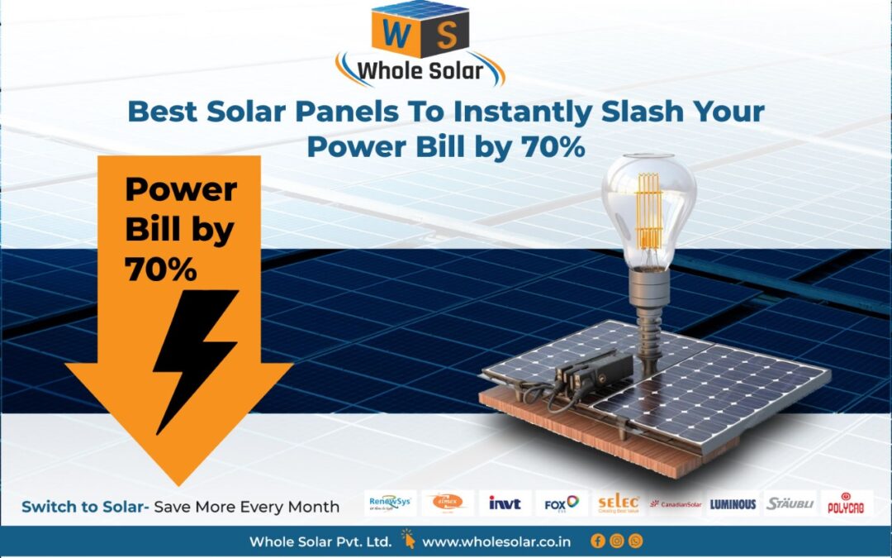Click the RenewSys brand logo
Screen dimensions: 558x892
click(x=390, y=503)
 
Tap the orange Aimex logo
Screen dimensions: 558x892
click(x=448, y=503)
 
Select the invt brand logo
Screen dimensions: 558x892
click(x=504, y=503)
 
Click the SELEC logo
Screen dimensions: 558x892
click(x=619, y=503)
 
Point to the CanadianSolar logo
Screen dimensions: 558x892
click(x=676, y=503)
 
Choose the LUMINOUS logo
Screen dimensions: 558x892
click(x=733, y=503)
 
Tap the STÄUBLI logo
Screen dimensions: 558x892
click(x=790, y=503)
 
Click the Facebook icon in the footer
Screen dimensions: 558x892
click(x=598, y=541)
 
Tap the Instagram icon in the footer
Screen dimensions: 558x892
click(x=616, y=541)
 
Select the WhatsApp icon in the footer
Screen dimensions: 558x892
click(x=635, y=541)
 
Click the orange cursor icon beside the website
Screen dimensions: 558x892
click(x=408, y=541)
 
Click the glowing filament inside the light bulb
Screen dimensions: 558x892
click(x=648, y=211)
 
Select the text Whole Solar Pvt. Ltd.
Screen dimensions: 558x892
click(x=320, y=542)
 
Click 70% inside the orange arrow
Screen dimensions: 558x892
click(x=161, y=269)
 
